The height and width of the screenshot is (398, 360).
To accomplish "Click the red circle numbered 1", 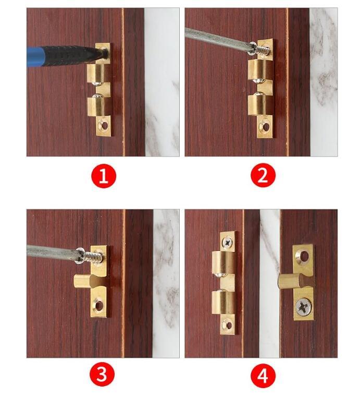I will (104, 176).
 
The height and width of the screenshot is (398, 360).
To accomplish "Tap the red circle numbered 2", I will (262, 176).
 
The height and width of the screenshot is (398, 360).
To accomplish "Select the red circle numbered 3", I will (104, 375).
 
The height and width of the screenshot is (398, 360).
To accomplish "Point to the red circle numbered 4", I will (262, 375).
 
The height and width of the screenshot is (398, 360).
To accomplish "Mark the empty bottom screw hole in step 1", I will (105, 125).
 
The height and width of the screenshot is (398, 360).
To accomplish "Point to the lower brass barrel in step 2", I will (260, 103).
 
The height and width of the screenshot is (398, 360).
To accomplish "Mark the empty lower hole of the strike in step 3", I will (98, 305).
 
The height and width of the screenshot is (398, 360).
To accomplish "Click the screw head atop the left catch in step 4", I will (228, 242).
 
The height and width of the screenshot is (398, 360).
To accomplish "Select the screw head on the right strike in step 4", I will (302, 306).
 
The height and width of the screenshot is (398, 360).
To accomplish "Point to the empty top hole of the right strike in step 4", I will (302, 256).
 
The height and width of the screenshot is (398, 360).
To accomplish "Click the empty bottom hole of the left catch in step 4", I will (227, 324).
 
